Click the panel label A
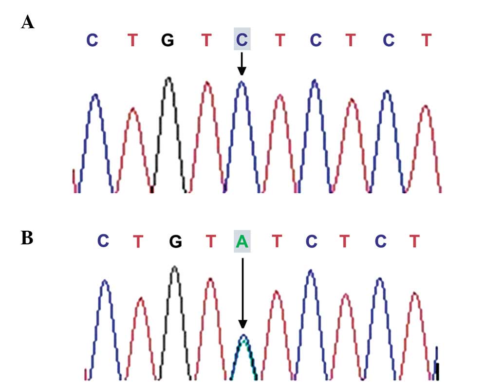click(x=28, y=22)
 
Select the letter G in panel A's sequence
click(x=168, y=40)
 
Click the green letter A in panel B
click(x=242, y=241)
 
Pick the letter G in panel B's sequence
click(x=175, y=241)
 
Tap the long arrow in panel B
click(x=242, y=292)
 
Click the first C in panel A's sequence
click(x=92, y=40)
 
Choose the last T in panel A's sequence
click(x=427, y=40)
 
